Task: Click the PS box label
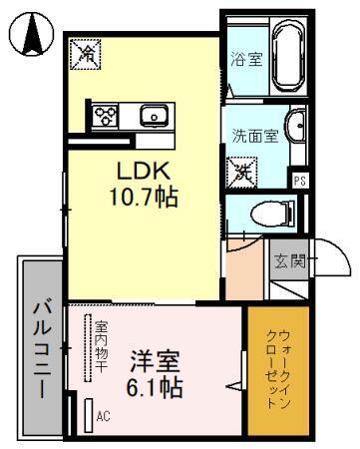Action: pos(299,180)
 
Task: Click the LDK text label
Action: pos(143,171)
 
